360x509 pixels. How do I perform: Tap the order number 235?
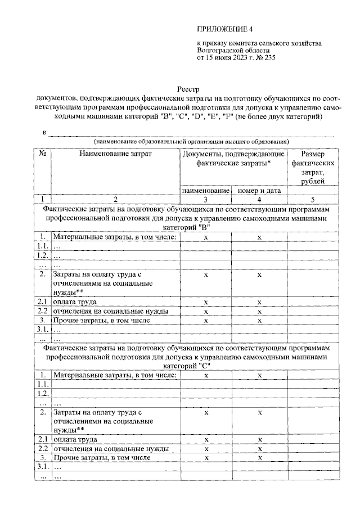pyautogui.click(x=268, y=57)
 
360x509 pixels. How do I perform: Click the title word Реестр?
pyautogui.click(x=188, y=89)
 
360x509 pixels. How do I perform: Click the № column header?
pyautogui.click(x=42, y=154)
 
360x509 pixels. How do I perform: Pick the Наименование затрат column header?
pyautogui.click(x=115, y=154)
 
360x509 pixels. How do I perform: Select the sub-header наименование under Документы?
pyautogui.click(x=205, y=191)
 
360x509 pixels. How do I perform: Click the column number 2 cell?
pyautogui.click(x=115, y=199)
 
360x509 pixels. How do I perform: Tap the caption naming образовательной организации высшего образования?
pyautogui.click(x=191, y=141)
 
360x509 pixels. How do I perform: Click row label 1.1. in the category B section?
pyautogui.click(x=42, y=246)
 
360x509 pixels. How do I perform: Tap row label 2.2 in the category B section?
pyautogui.click(x=42, y=311)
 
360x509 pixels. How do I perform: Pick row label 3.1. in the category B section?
pyautogui.click(x=42, y=330)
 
